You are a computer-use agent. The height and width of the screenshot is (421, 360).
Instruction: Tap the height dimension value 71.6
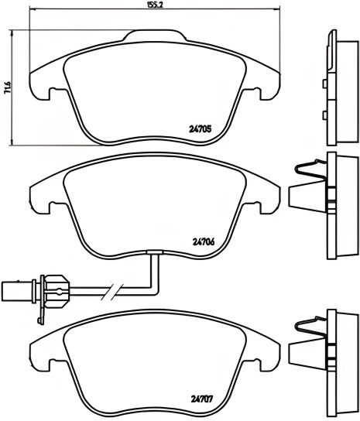6,89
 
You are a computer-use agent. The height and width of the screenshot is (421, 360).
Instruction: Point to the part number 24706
202,240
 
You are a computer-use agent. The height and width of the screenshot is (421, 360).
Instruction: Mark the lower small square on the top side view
324,115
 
